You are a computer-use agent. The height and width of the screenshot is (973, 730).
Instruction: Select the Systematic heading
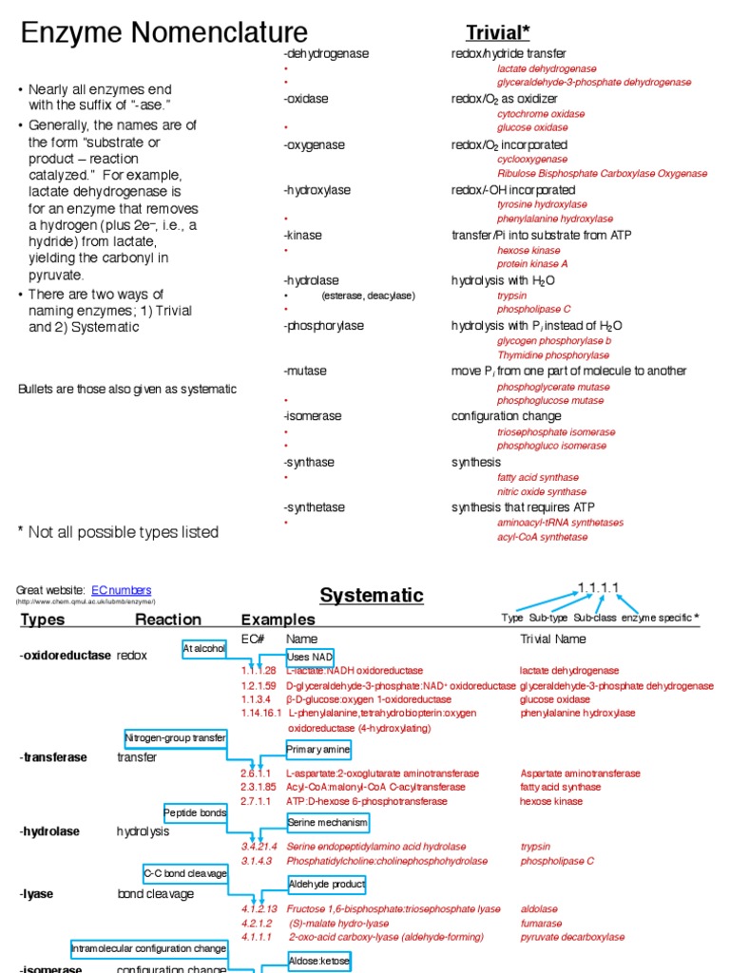[371, 596]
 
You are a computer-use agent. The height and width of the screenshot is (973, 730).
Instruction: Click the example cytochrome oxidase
[541, 114]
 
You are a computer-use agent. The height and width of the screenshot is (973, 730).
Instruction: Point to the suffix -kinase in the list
[302, 236]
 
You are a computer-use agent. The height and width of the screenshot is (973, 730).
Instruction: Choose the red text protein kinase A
[532, 264]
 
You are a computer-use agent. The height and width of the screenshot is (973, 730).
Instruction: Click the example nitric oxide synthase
[542, 492]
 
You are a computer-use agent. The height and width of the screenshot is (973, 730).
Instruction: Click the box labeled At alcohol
[204, 648]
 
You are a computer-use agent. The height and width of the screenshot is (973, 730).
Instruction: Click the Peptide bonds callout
[196, 813]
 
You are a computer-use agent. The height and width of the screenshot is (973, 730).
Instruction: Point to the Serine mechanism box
[327, 822]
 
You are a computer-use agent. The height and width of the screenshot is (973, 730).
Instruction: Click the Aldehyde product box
[327, 885]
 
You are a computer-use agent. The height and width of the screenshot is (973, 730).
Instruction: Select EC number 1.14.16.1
[261, 713]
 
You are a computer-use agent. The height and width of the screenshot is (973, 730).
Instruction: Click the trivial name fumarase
[541, 923]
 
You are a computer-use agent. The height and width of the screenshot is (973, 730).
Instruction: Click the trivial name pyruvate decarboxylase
[572, 937]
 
